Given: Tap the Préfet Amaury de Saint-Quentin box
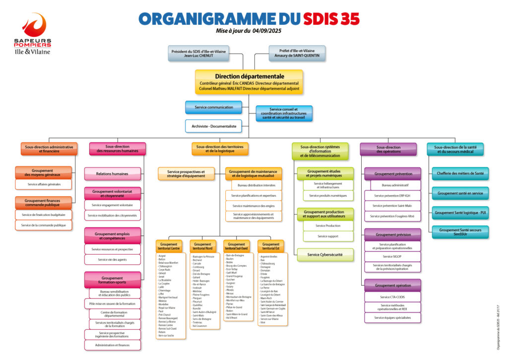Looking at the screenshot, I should click(x=297, y=53).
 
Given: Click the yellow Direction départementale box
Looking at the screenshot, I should click(x=249, y=82).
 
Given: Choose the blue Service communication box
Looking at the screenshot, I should click(x=214, y=107).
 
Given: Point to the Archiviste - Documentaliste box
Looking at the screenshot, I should click(x=214, y=126).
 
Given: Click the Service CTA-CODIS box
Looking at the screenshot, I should click(x=392, y=297).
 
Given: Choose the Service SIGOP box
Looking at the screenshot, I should click(x=392, y=257).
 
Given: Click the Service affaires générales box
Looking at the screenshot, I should click(x=44, y=184).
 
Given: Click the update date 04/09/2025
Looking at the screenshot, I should click(x=270, y=31).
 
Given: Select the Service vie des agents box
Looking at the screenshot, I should click(x=113, y=259).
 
